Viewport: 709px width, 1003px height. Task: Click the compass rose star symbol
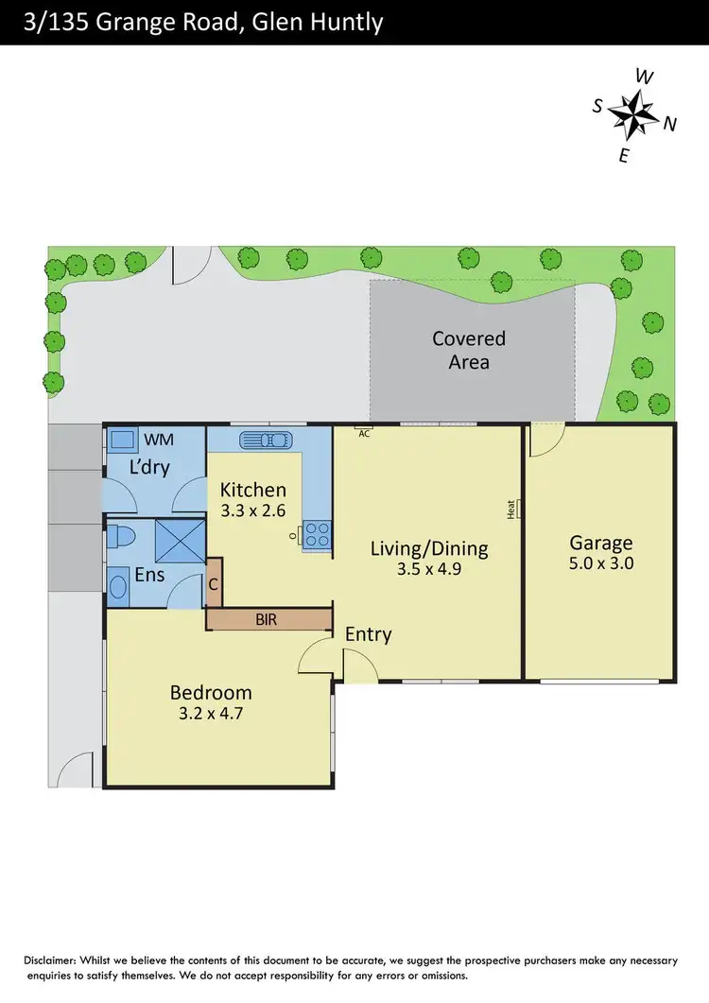pos(631,114)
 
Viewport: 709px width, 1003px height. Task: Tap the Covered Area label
pos(469,350)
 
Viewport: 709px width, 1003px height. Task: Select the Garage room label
pos(600,543)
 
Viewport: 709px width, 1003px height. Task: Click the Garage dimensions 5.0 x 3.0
pos(600,563)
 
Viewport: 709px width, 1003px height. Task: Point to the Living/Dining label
pos(428,548)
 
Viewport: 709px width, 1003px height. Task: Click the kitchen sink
pos(268,440)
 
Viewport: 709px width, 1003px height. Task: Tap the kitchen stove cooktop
pos(316,535)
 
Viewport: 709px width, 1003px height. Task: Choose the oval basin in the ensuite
pos(120,587)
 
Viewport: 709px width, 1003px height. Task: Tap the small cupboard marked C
pos(214,585)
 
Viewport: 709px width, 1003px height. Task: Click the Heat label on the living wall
pos(511,510)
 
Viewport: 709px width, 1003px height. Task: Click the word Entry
pos(368,634)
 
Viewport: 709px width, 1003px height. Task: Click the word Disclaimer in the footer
pos(56,960)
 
